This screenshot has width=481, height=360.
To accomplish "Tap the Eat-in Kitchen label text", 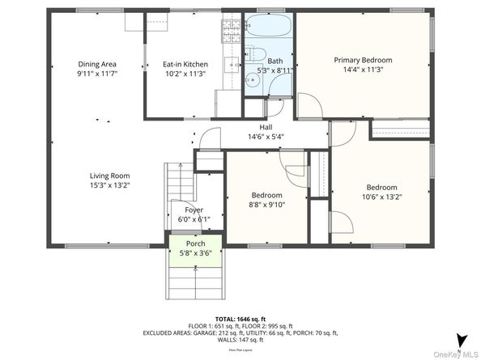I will pos(185,64).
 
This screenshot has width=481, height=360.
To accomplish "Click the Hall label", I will pos(266,127).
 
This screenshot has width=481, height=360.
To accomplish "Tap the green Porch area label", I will pos(195,244).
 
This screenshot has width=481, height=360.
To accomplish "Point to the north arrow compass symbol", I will pos(459,340).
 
